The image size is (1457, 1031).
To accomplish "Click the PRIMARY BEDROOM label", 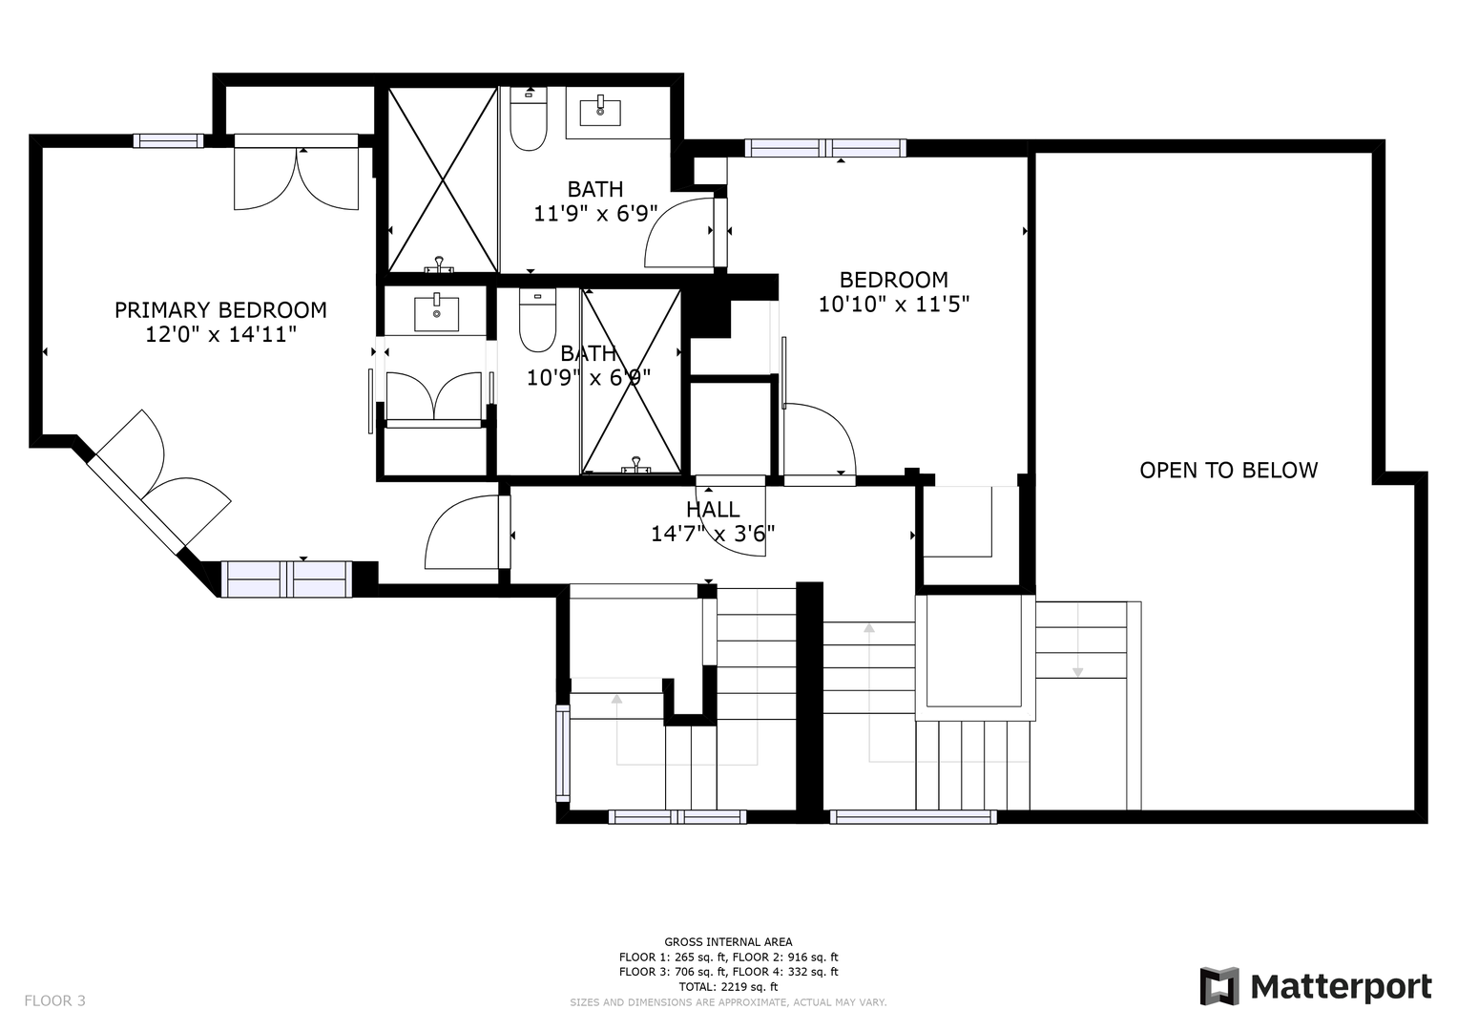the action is point(220,310).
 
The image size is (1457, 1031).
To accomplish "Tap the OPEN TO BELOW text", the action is point(1229,470).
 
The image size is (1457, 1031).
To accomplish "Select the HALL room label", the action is point(713,509).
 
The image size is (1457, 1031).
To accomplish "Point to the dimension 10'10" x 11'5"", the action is point(894,304).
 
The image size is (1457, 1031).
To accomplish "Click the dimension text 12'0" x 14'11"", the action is point(220,334).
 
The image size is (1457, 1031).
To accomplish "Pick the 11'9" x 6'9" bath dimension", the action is point(595,214).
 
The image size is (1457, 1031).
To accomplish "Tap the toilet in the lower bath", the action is point(537,320).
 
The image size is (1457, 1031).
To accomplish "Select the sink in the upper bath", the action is point(600,112).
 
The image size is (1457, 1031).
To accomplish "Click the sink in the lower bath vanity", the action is point(436,314).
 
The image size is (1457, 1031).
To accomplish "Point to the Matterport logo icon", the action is point(1219,986).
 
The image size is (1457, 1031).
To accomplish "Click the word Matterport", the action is point(1342,987).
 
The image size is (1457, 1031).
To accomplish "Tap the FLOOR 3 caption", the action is point(54,1000).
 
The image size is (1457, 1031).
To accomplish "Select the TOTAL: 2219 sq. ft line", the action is point(728,987).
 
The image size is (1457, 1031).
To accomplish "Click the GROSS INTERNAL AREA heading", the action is point(728,942).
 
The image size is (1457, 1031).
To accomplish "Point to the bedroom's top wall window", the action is point(825,148).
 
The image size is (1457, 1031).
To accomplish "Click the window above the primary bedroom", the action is point(169,140).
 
